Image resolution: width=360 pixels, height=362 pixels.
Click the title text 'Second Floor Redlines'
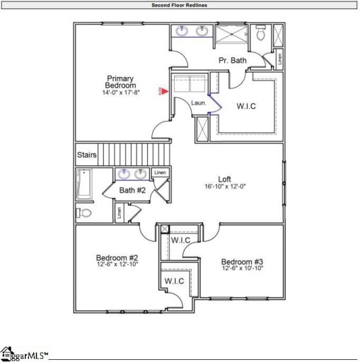[x=180, y=5]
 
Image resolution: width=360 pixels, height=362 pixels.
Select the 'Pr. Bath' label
[x=232, y=61]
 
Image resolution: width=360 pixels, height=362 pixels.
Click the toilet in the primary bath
[x=260, y=33]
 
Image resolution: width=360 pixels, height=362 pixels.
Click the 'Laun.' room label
[x=198, y=104]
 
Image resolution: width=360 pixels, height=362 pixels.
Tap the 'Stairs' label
[x=86, y=153]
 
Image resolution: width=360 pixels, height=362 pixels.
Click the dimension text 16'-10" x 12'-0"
[x=225, y=187]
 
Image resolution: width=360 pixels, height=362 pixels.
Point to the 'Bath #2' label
[x=132, y=190]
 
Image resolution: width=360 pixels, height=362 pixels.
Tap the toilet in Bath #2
[x=84, y=212]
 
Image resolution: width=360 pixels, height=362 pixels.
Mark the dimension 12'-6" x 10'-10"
[x=242, y=269]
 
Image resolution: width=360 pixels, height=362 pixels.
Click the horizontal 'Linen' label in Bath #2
[x=161, y=172]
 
